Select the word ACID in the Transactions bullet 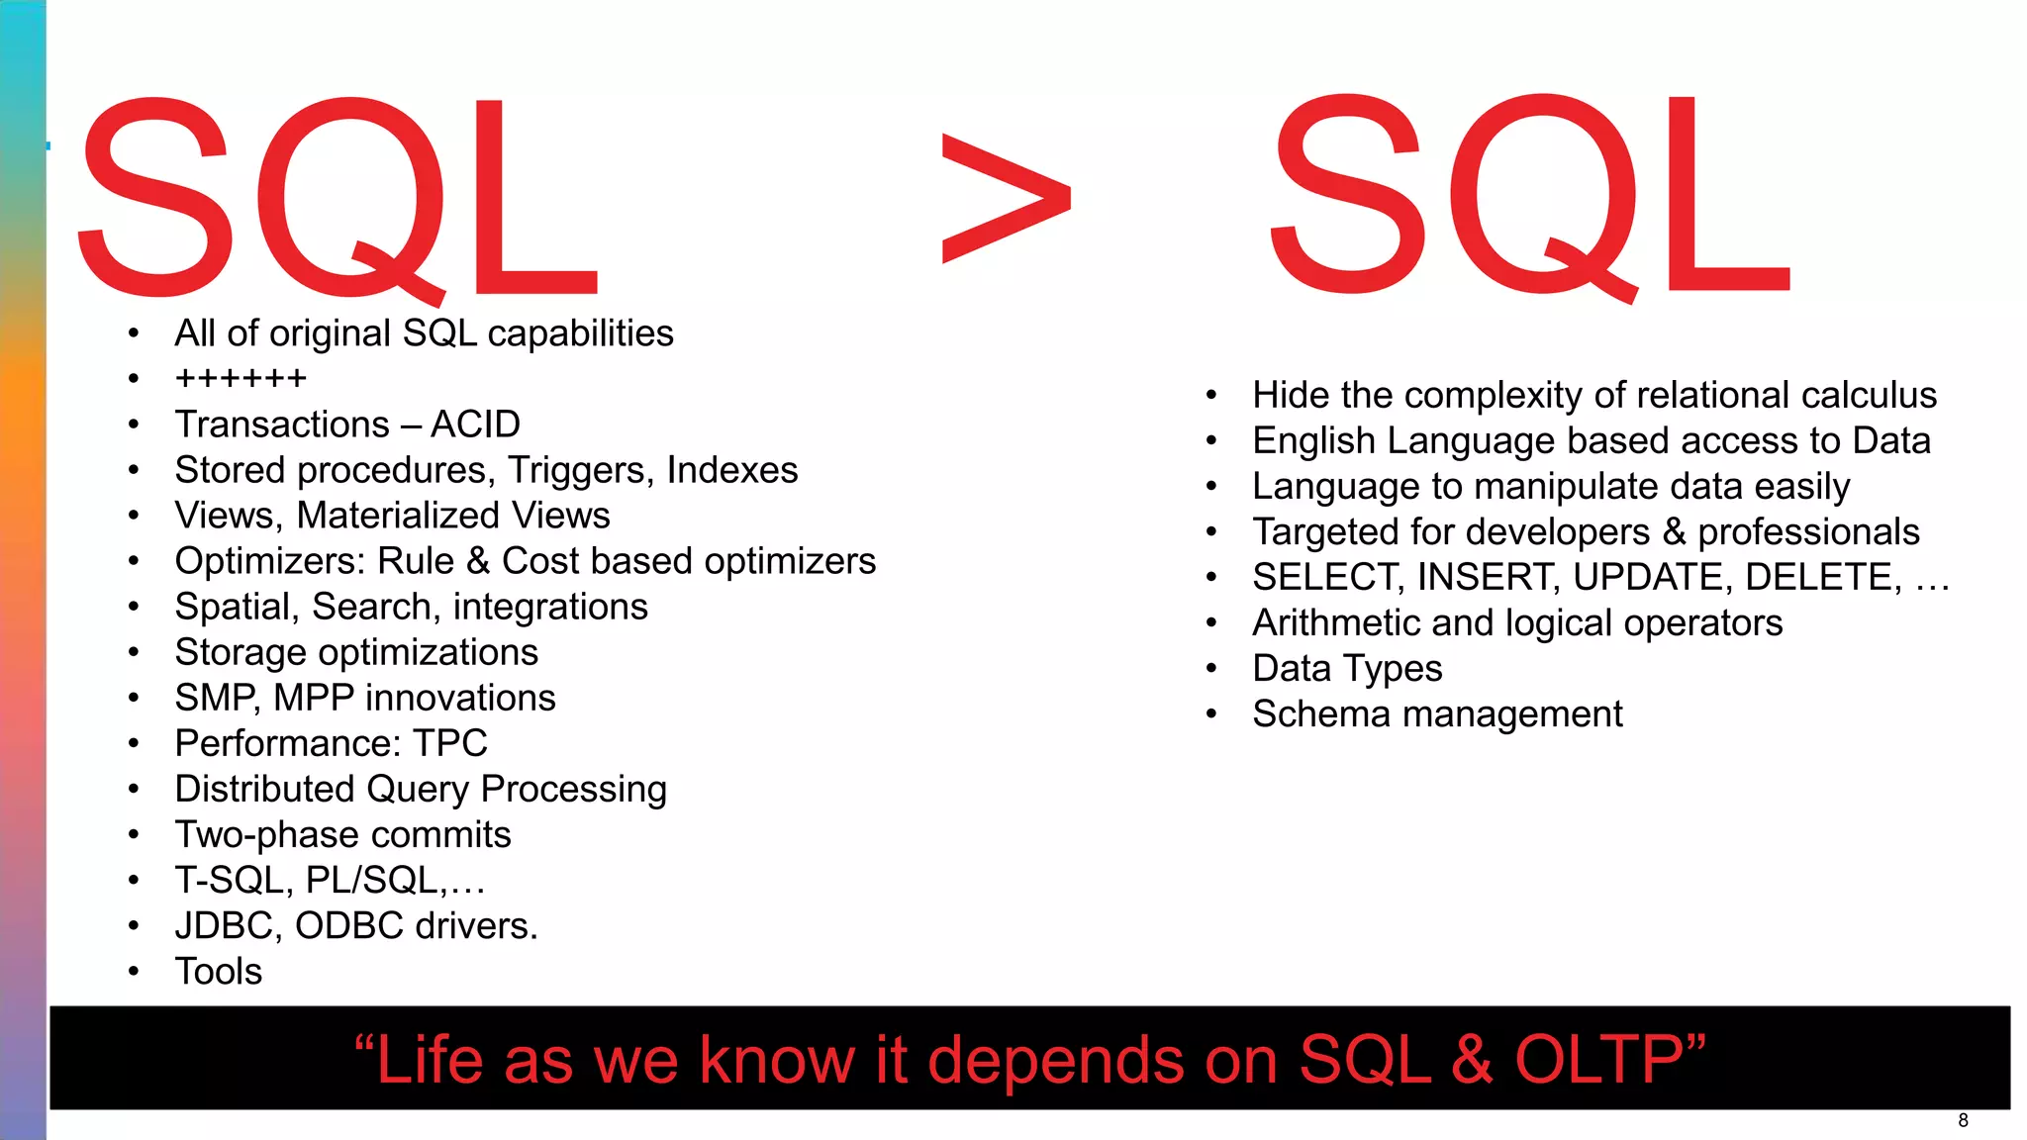[x=475, y=425]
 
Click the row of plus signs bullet [x=241, y=378]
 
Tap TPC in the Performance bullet [x=450, y=743]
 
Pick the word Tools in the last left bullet [x=219, y=972]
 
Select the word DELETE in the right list [x=1822, y=577]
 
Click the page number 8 [x=1963, y=1120]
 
